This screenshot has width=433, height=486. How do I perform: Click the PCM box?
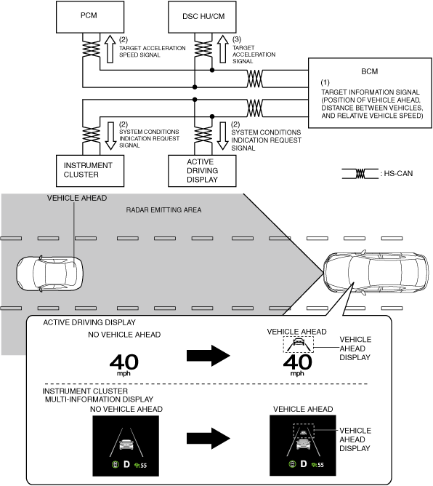90,17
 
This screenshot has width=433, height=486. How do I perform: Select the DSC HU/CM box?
202,17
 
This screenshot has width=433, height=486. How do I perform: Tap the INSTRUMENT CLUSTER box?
90,171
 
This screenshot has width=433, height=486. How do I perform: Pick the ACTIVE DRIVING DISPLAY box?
202,171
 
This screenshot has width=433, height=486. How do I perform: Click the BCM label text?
370,71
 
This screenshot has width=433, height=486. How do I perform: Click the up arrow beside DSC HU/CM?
222,49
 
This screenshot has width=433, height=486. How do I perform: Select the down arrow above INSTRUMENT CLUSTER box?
110,136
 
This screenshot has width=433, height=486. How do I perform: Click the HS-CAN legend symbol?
360,174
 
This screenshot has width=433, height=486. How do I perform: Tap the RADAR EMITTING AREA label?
163,210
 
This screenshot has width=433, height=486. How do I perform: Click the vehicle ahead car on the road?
49,273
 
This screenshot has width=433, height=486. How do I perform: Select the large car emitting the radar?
376,272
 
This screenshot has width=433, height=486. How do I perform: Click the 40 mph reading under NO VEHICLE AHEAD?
124,365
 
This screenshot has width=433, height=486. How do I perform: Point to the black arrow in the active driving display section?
209,356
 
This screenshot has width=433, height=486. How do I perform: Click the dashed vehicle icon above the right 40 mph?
299,344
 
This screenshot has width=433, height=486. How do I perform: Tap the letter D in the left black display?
126,464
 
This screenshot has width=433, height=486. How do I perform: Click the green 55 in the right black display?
320,465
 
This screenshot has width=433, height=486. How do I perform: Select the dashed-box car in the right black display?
303,431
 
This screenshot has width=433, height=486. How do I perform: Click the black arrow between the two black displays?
209,438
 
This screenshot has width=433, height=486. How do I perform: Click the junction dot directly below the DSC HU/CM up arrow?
212,70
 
